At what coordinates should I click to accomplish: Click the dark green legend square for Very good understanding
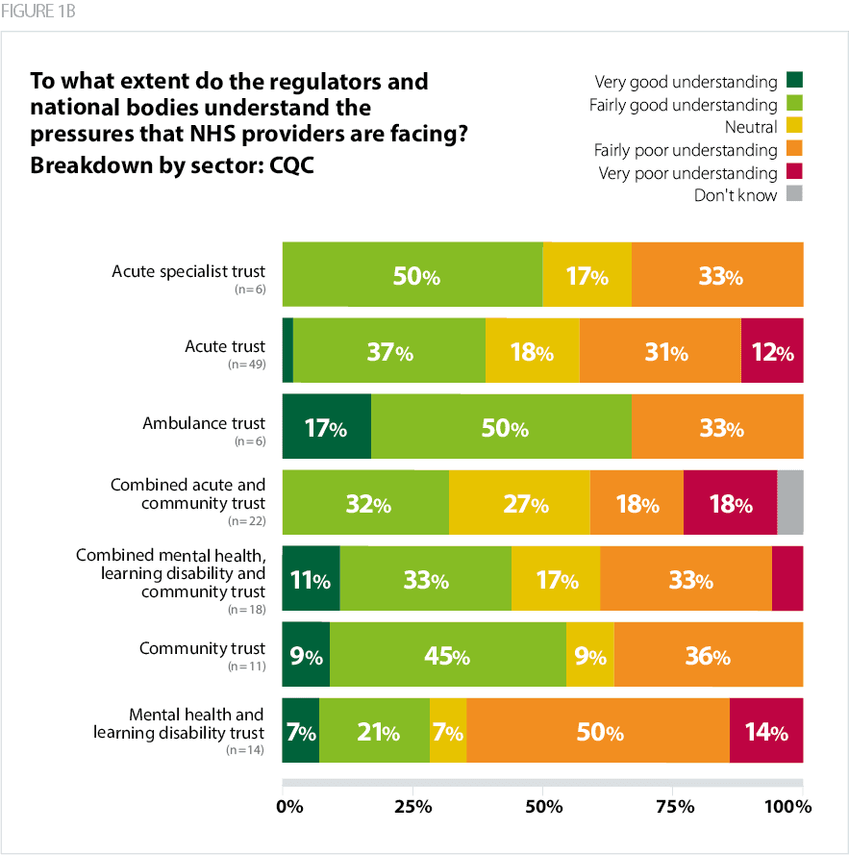coord(794,81)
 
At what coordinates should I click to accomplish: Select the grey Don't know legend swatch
coord(794,195)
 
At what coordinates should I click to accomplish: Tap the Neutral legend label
coord(750,127)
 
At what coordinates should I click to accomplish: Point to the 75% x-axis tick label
coord(674,806)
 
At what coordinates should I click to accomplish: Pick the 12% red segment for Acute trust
coord(772,351)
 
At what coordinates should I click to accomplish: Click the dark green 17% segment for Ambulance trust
coord(326,426)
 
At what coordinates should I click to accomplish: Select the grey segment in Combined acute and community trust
coord(789,502)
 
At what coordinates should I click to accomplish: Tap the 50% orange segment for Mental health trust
coord(598,731)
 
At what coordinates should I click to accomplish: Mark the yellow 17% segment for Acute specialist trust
coord(587,275)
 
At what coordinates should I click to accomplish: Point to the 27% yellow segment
coord(519,502)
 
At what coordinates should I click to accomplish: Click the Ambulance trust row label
coord(204,422)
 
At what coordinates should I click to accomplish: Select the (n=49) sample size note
coord(246,365)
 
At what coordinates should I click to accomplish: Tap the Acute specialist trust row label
coord(188,271)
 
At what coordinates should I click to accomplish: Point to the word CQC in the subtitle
coord(288,163)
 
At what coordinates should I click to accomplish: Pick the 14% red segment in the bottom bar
coord(766,731)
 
